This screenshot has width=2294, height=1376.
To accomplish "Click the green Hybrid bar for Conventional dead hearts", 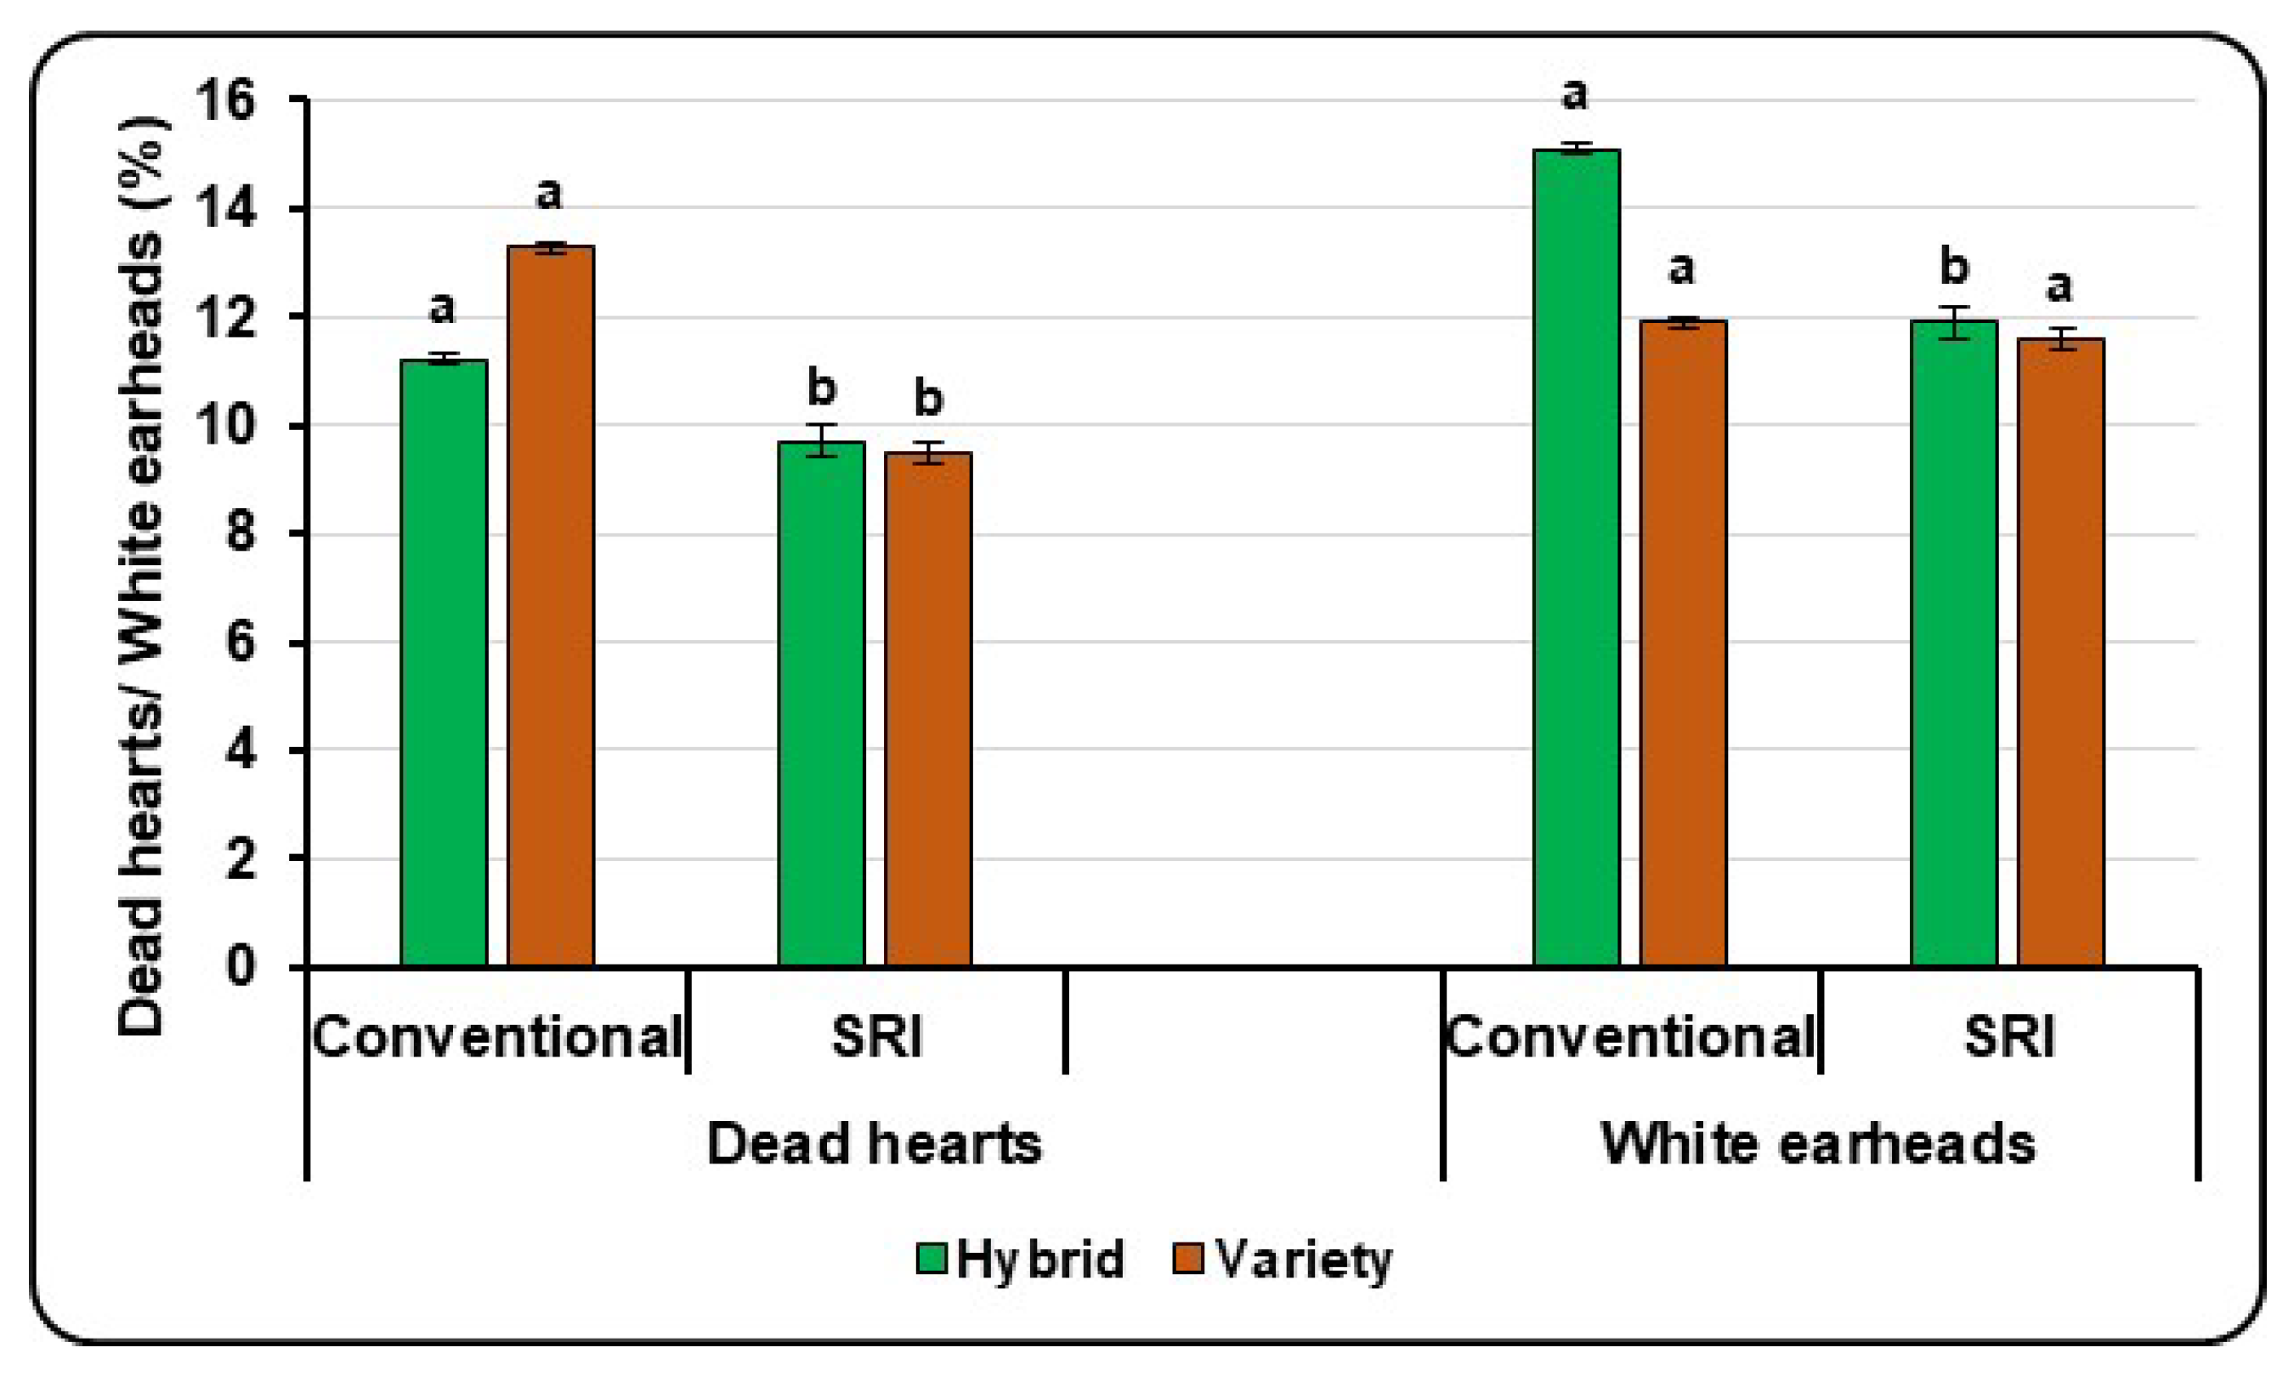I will [x=445, y=663].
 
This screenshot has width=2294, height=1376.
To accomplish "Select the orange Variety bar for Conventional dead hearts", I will [x=551, y=608].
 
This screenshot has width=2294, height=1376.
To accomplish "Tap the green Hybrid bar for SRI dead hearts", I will [x=822, y=705].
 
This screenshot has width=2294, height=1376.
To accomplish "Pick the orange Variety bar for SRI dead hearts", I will [x=928, y=710].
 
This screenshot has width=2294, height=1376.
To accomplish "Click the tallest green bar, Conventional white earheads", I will [x=1577, y=557].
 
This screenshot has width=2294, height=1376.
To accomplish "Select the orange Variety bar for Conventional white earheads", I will [x=1683, y=644].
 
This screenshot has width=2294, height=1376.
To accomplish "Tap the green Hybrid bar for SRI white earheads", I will [x=1954, y=644].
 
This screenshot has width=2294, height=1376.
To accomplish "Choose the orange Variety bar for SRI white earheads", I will [x=2060, y=654].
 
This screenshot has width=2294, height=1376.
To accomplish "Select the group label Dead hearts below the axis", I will [x=874, y=1143].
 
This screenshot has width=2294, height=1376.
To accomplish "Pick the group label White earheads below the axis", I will [x=1817, y=1143].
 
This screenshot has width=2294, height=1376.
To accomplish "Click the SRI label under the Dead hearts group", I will [x=876, y=1037].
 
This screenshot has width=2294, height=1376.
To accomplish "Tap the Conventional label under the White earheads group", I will [x=1630, y=1037].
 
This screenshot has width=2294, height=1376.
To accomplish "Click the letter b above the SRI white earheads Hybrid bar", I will [x=1954, y=267].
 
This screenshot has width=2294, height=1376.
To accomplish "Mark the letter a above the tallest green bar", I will [x=1574, y=94].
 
